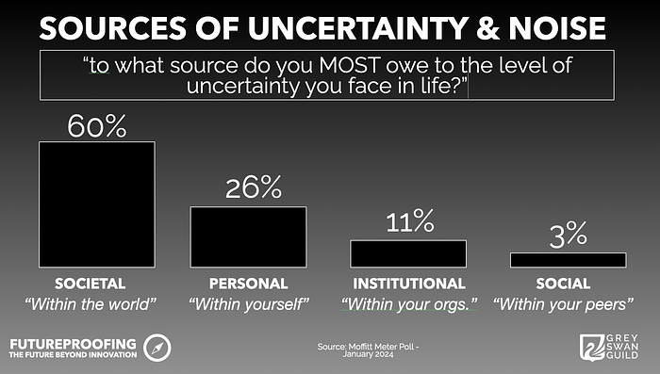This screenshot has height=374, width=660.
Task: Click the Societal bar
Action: tap(97, 204)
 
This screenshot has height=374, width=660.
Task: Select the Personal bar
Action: tap(248, 236)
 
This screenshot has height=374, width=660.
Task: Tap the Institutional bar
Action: tap(408, 253)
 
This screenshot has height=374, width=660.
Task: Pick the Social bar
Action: tap(569, 260)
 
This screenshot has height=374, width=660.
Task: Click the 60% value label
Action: tap(97, 126)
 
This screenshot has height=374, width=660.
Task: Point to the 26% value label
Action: tap(254, 187)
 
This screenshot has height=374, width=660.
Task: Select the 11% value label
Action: tap(410, 220)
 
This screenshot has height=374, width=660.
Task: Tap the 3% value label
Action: tap(568, 235)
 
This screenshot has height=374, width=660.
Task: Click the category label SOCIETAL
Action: tap(91, 284)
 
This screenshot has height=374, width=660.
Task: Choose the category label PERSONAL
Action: tap(248, 284)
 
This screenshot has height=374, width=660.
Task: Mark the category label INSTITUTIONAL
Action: tap(409, 284)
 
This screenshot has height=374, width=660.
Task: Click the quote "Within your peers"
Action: tap(563, 304)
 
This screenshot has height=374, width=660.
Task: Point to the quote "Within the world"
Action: tap(91, 303)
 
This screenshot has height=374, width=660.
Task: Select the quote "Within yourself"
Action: tap(249, 304)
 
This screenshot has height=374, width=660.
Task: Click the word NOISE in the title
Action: tap(557, 28)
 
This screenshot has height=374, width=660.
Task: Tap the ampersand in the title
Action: tap(487, 28)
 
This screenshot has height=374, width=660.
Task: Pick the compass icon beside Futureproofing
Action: tap(157, 348)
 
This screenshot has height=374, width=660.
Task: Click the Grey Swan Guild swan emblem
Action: tap(593, 348)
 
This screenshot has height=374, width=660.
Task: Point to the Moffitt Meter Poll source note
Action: tap(368, 350)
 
